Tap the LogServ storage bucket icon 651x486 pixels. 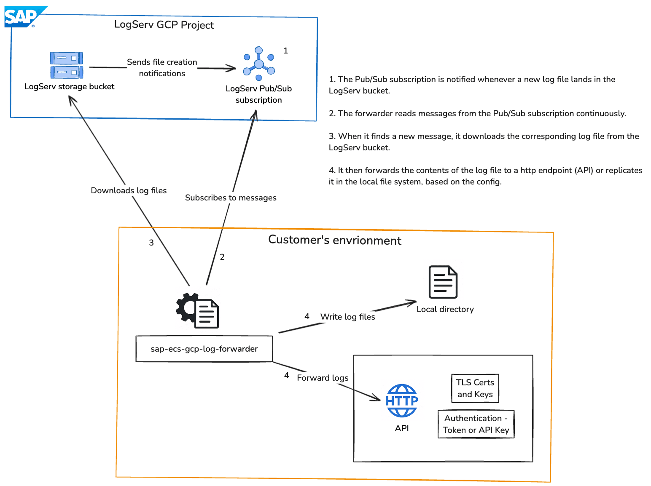(67, 65)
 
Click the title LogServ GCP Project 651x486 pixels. (164, 25)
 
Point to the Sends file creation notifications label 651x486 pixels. (162, 68)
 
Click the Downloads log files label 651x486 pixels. (129, 190)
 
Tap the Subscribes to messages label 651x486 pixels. (231, 198)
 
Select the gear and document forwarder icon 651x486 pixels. (197, 311)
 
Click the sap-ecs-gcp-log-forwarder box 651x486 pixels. (204, 349)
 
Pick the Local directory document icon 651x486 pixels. (443, 282)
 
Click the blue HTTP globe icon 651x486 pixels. (402, 401)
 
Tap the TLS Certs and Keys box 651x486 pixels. (475, 388)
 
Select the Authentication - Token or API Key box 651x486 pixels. (476, 424)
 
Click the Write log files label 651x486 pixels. (347, 317)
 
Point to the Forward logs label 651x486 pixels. (323, 378)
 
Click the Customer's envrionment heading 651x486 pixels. (335, 240)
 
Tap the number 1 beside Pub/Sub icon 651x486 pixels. (285, 51)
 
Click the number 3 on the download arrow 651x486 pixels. (151, 243)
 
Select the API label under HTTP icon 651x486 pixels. (402, 428)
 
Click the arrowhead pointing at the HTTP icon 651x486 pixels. (377, 398)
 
